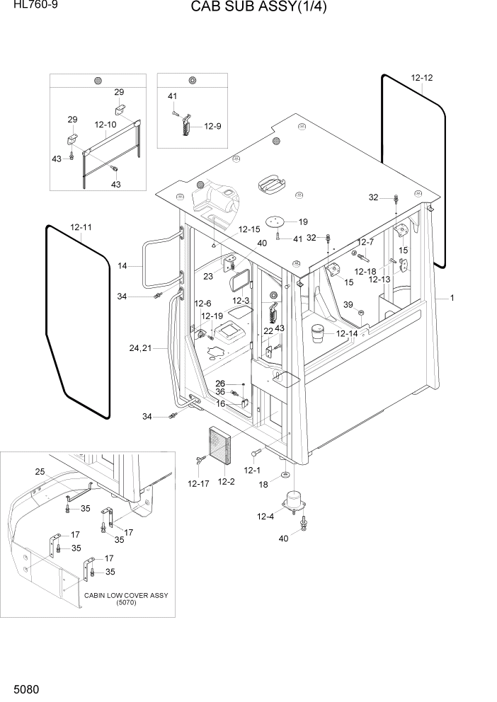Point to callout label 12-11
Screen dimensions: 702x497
[81, 227]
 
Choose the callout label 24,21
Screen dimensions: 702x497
[140, 348]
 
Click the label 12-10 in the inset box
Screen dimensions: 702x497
[105, 125]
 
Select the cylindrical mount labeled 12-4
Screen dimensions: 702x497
[293, 500]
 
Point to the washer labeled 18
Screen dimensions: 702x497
[284, 473]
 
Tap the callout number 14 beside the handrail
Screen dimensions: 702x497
[122, 266]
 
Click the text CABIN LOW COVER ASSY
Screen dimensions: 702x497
[126, 595]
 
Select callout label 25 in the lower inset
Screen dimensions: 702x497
[40, 471]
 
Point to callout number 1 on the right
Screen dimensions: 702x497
[451, 298]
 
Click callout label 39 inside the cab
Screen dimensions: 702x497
[348, 304]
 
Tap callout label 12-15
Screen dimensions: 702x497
[249, 229]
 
